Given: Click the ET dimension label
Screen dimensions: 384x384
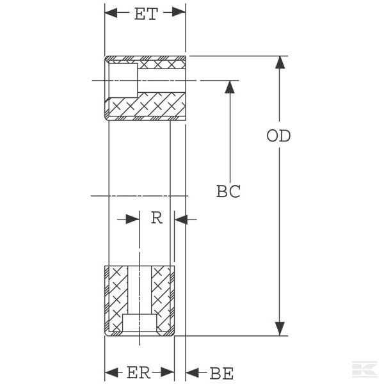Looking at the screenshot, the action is point(146,14).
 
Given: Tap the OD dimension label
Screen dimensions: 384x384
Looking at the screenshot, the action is point(278,136).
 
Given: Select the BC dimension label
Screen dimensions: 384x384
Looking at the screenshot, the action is point(228,191).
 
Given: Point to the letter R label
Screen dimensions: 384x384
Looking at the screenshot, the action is point(157,218).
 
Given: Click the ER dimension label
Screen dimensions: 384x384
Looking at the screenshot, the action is point(139,372).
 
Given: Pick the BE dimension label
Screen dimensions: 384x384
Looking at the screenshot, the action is point(221,374).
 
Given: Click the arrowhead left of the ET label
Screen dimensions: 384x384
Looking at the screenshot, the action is point(111,12).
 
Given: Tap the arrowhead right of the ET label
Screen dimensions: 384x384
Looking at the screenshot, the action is point(179,12).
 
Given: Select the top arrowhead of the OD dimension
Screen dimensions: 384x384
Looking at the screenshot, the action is point(280,63).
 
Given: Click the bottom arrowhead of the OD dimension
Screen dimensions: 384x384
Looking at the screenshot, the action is point(280,329).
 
